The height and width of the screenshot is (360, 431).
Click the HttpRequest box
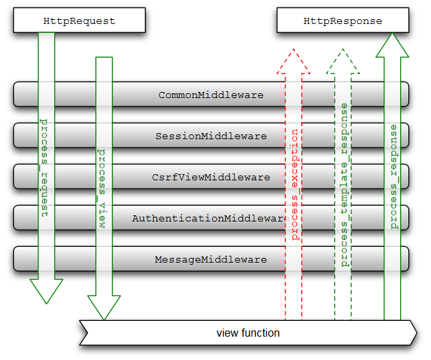[x=79, y=21]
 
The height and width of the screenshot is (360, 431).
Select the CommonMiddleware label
[x=211, y=95]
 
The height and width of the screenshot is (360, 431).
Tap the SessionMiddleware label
[x=211, y=136]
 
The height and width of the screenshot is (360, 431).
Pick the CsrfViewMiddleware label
[x=211, y=177]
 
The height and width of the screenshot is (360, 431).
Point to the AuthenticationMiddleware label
[x=209, y=218]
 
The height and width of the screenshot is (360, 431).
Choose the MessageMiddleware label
[x=211, y=259]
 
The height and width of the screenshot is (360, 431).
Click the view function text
[x=248, y=333]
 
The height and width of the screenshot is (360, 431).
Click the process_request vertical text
[x=45, y=168]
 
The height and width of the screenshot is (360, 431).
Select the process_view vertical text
[x=103, y=189]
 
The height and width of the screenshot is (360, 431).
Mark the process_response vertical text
[x=393, y=177]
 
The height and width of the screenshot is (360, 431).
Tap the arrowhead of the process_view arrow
[x=104, y=308]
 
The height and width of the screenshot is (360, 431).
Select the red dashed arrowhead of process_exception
[x=293, y=62]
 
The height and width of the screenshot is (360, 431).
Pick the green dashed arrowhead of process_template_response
[x=342, y=62]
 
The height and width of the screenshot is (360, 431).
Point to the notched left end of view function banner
[x=83, y=333]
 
